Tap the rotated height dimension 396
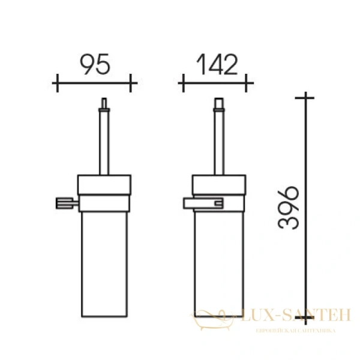(x=289, y=206)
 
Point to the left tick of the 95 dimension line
(x=56, y=83)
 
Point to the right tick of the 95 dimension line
(x=132, y=83)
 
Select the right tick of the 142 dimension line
(x=253, y=83)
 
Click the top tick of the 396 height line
(x=306, y=97)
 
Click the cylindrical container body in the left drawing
(x=105, y=264)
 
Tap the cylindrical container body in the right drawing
(x=218, y=264)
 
